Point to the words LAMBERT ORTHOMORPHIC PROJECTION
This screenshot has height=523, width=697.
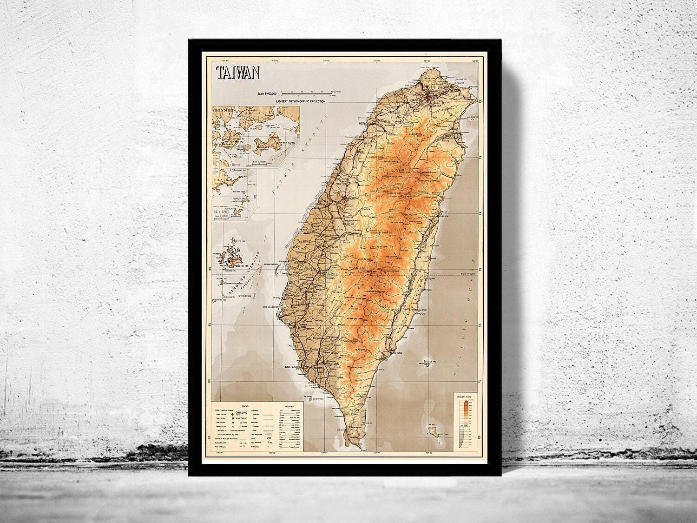coord(292,100)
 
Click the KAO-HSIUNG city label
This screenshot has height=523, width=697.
coord(294,367)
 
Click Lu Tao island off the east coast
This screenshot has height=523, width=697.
coord(427,360)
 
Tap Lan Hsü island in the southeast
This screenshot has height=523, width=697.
coord(434,431)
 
